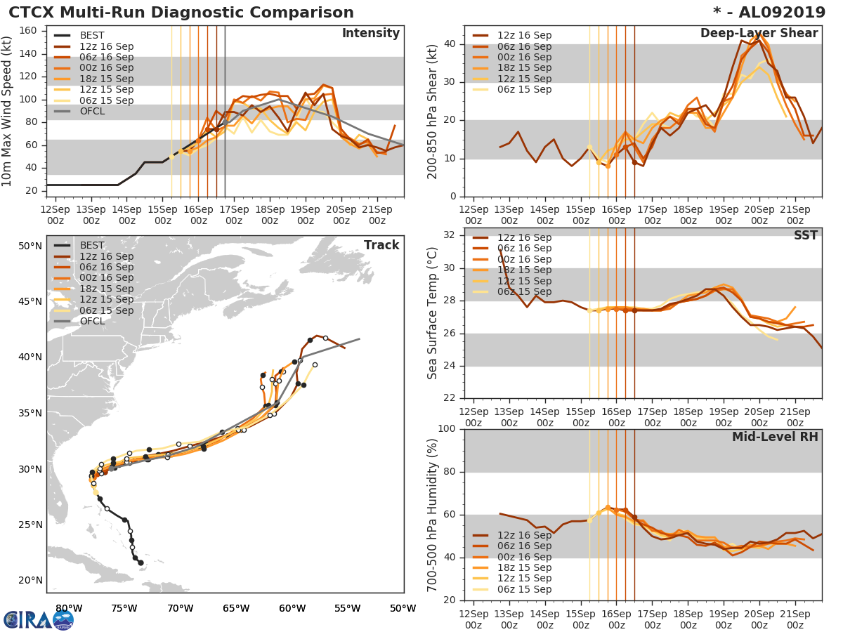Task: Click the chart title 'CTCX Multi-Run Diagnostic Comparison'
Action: [x=181, y=13]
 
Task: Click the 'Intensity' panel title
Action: [x=370, y=34]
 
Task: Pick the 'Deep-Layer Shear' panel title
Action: [x=759, y=34]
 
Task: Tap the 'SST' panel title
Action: [x=806, y=235]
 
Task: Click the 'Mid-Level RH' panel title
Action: [x=775, y=437]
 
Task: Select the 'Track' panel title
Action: [x=381, y=245]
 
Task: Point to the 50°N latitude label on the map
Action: [x=30, y=246]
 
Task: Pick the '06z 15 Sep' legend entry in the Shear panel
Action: [x=525, y=89]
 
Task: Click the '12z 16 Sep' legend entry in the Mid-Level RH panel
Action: [x=525, y=535]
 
